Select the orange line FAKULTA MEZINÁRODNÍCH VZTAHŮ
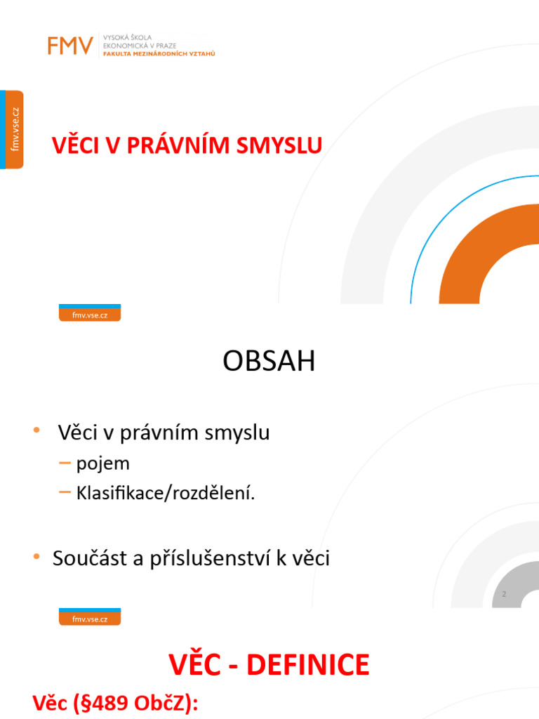[x=159, y=53]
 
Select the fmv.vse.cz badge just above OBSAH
[x=89, y=314]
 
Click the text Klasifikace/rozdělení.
[x=166, y=494]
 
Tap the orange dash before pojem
[x=65, y=463]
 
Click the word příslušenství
[x=225, y=559]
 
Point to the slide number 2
[x=504, y=595]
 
